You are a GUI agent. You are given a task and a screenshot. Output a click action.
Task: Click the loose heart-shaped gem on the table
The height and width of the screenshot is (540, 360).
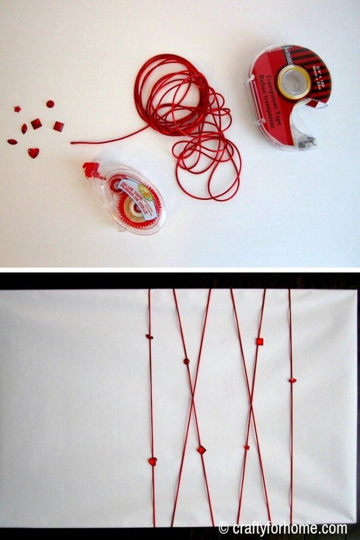[33, 153]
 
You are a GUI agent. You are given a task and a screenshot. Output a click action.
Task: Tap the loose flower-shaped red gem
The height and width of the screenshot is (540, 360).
[17, 109]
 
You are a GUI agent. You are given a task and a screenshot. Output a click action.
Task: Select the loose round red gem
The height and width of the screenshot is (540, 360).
[50, 104]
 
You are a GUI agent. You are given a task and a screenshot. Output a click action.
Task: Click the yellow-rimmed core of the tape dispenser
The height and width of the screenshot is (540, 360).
[294, 82]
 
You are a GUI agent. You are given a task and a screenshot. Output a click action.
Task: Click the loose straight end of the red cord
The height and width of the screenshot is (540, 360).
[74, 142]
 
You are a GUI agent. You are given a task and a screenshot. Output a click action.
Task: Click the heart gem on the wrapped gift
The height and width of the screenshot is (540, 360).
[152, 461]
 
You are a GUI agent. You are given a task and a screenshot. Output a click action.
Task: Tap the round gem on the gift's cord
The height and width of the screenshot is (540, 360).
[186, 361]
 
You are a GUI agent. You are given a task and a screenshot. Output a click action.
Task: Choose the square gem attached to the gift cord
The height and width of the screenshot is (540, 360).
[259, 341]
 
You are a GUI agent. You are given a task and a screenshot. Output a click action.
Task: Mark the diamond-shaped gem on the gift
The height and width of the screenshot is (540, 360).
[201, 450]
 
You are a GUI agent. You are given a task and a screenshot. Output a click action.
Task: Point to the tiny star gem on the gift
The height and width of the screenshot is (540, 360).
[247, 447]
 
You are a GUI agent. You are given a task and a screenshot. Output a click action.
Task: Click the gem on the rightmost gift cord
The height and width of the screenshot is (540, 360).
[292, 380]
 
